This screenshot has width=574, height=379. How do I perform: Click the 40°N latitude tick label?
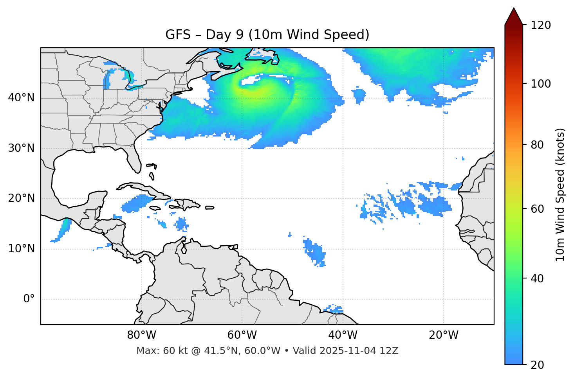21,98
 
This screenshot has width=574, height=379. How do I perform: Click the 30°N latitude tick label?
21,148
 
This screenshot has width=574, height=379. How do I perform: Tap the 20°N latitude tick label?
21,198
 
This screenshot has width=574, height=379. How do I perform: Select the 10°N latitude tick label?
21,249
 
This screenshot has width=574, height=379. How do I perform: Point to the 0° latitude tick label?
29,299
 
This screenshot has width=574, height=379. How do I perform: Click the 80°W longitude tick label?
141,335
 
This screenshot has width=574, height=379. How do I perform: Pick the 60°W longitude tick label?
242,335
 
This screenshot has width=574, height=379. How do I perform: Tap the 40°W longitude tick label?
343,335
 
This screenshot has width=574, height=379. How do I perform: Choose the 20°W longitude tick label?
443,335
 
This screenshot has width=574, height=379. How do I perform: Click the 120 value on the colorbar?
541,25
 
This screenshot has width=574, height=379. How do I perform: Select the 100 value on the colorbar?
541,84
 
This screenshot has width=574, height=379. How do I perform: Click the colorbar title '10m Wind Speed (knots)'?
560,195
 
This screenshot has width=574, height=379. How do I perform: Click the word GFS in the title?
176,35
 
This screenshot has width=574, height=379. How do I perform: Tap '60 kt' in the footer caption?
171,351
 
